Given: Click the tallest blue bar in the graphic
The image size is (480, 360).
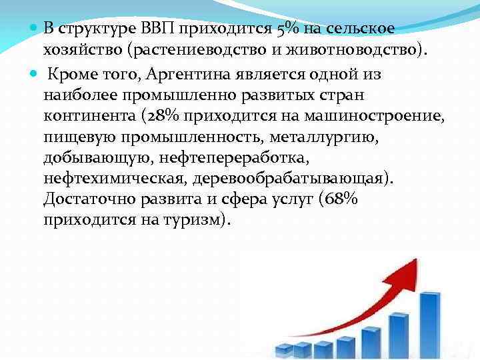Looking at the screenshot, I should click(429, 327).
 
